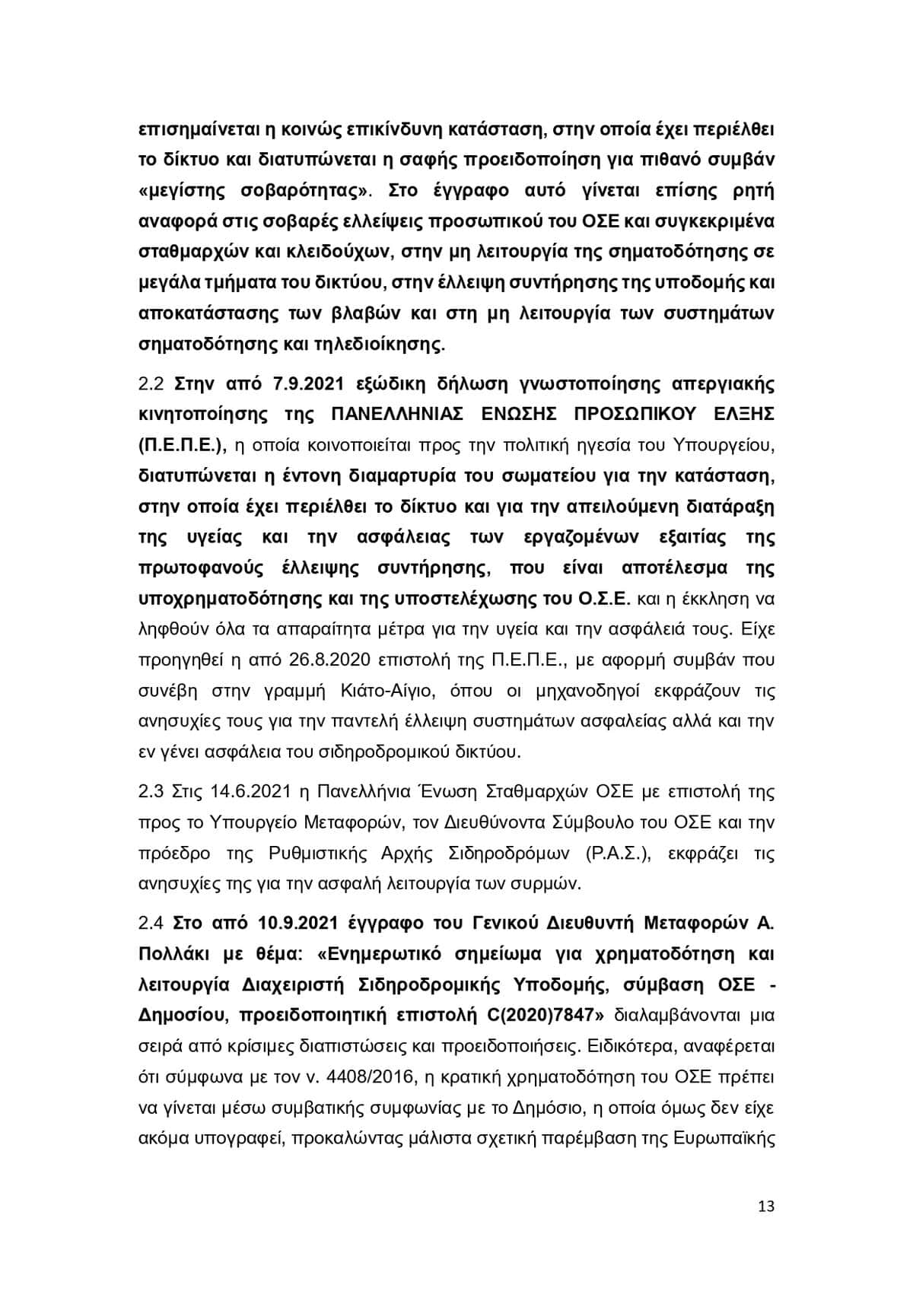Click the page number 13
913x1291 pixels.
pyautogui.click(x=766, y=1207)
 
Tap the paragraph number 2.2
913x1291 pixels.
pyautogui.click(x=151, y=383)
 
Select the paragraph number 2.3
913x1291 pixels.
pyautogui.click(x=151, y=791)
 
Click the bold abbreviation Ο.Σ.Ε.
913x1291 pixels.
pyautogui.click(x=600, y=598)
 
